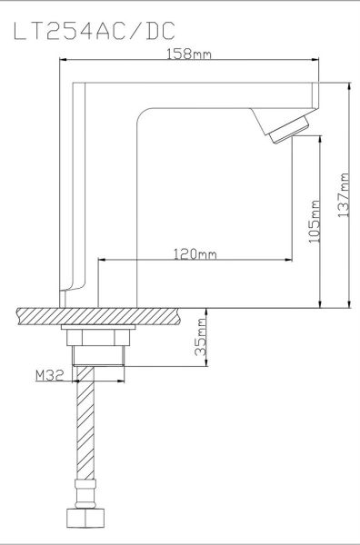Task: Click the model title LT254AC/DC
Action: pyautogui.click(x=95, y=31)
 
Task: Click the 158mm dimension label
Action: pyautogui.click(x=189, y=54)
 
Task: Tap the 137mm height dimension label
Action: pyautogui.click(x=344, y=195)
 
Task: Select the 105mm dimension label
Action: pyautogui.click(x=315, y=222)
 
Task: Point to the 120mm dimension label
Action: pyautogui.click(x=195, y=254)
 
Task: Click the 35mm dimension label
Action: pyautogui.click(x=201, y=337)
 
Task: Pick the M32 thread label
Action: pyautogui.click(x=50, y=375)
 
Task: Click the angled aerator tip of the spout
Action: pyautogui.click(x=289, y=130)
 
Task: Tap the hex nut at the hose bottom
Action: pyautogui.click(x=85, y=519)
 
